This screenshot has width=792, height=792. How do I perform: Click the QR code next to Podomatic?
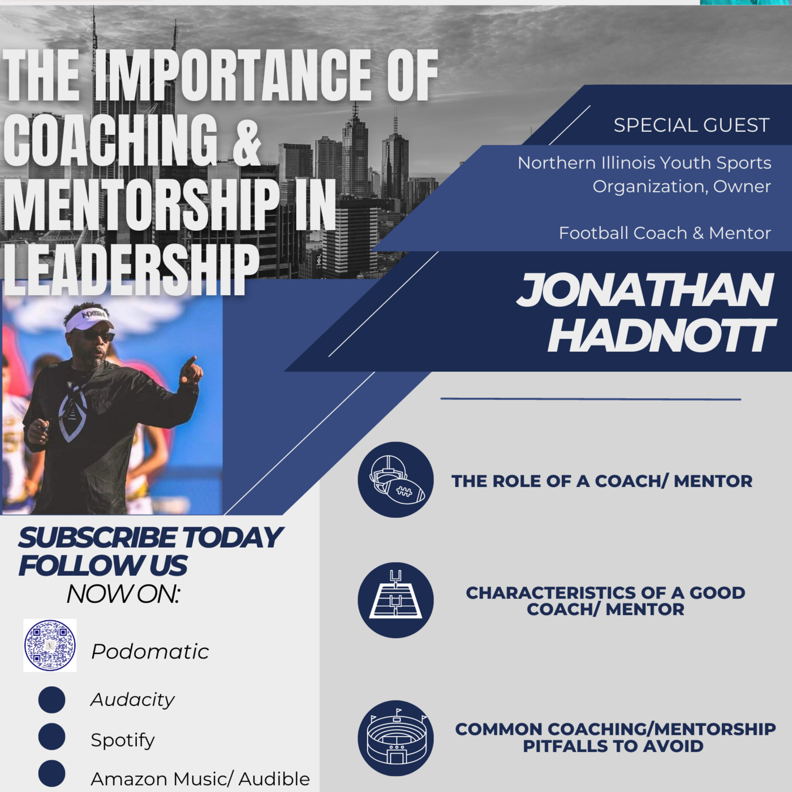[x=50, y=645]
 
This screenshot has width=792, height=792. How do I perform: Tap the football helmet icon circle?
[x=395, y=480]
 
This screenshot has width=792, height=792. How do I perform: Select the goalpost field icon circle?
[x=395, y=600]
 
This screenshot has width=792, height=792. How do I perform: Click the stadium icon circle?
[x=395, y=738]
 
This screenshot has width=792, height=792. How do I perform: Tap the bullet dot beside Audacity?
[x=52, y=700]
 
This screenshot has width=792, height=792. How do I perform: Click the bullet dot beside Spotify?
[x=52, y=737]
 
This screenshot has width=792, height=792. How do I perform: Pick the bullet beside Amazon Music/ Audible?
[x=52, y=774]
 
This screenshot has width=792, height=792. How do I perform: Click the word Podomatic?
[x=150, y=652]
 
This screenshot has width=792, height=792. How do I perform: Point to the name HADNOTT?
[x=661, y=336]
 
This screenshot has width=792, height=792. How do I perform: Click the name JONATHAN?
[x=644, y=290]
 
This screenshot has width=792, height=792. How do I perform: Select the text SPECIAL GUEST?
[x=691, y=126]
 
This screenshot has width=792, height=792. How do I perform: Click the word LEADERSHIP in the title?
[x=131, y=270]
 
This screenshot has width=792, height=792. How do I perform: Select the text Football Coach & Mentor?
[x=665, y=233]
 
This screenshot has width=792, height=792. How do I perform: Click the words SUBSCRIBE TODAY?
[x=150, y=537]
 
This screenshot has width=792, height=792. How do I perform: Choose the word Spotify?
[x=123, y=740]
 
